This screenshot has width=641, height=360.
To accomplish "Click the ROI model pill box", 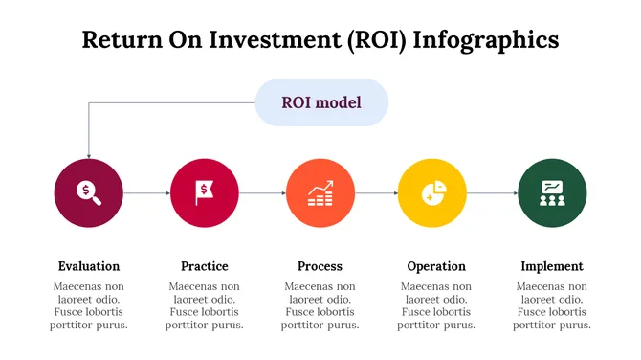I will (x=321, y=102).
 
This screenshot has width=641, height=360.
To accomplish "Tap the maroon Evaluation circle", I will (x=89, y=192).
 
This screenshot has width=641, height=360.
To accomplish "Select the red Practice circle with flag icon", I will (x=204, y=192).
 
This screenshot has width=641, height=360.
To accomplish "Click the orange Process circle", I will (x=320, y=192).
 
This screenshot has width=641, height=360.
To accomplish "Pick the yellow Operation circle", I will (x=432, y=192).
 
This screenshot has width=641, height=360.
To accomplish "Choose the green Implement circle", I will (x=552, y=192).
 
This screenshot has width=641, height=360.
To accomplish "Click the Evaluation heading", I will (x=89, y=266).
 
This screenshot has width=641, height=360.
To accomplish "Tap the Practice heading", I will (x=204, y=266).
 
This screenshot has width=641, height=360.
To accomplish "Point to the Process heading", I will (x=320, y=266).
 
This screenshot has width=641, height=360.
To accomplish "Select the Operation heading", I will (x=436, y=266).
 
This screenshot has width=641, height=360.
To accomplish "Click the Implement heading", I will (x=552, y=266).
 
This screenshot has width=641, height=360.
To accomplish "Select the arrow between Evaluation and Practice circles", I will (x=146, y=193).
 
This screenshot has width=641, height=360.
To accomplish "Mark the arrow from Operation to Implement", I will (x=492, y=193).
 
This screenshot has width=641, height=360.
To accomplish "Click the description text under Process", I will (x=320, y=305).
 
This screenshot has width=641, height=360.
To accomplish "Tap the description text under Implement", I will (x=552, y=305).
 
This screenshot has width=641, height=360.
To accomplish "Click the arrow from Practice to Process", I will (x=262, y=193).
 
